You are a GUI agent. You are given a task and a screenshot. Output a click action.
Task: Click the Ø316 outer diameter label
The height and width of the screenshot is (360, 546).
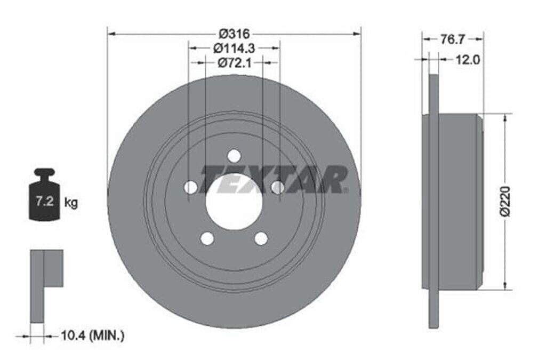pos(235,34)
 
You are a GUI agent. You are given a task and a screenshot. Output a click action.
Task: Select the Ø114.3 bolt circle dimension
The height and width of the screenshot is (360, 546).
pos(235,47)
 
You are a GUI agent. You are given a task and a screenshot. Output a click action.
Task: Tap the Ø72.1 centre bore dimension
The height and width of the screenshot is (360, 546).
pos(235,63)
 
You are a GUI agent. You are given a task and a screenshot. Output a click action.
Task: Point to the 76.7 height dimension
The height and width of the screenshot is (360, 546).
pos(452,39)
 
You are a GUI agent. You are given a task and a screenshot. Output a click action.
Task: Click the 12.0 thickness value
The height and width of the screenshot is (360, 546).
pos(468,60)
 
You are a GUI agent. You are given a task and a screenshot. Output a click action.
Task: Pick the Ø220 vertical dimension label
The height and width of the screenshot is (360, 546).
pos(505,202)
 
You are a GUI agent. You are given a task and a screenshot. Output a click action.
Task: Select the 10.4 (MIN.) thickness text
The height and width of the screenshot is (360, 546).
pos(93,335)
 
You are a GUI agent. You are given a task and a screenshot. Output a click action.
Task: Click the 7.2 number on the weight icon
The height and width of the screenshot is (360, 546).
pos(45,201)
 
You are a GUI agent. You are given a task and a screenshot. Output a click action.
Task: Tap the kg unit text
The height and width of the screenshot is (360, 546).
pos(71,202)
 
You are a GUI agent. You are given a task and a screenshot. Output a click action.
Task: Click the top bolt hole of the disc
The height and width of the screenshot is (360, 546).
pos(234,156)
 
